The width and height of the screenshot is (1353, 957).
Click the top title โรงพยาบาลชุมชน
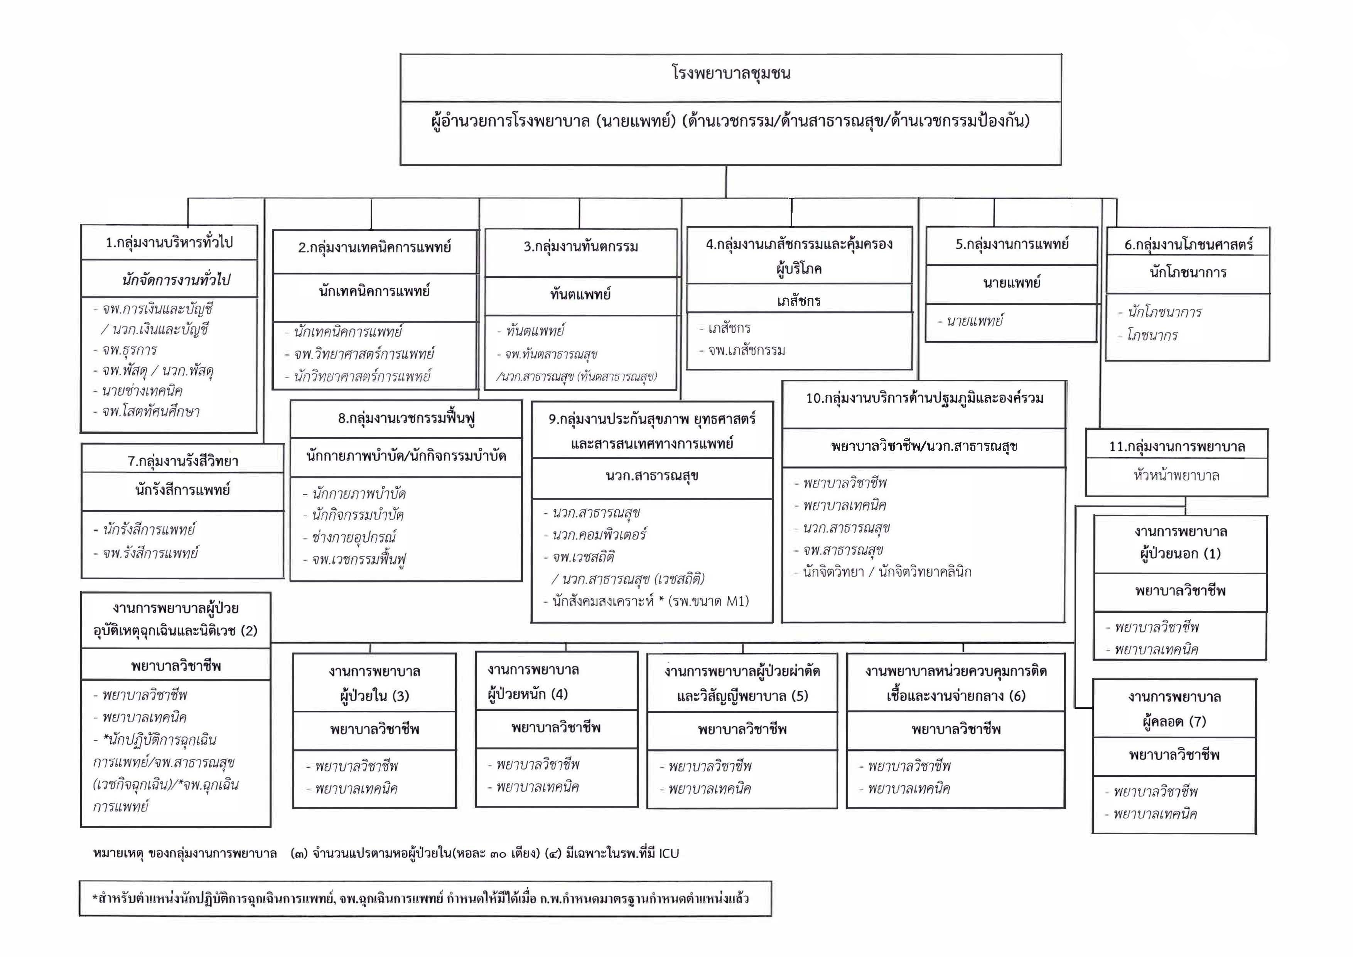[731, 74]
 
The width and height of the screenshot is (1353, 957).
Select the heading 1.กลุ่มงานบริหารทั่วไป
[169, 242]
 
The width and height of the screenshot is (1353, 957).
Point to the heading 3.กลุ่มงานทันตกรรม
[580, 247]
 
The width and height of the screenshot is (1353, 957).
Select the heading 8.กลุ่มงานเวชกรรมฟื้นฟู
[406, 418]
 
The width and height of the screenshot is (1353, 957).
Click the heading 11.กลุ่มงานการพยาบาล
[1176, 446]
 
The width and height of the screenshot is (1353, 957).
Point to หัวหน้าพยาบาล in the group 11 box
[1176, 475]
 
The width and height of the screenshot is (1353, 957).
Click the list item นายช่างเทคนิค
[142, 391]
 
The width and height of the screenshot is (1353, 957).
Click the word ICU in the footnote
[669, 853]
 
